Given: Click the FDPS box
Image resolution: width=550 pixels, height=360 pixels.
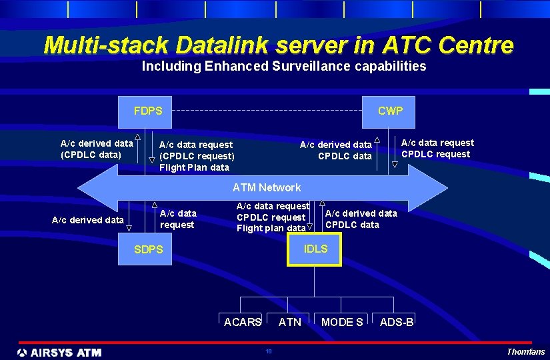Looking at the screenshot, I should click(147, 111).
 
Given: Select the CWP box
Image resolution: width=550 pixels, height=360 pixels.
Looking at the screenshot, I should click(390, 111).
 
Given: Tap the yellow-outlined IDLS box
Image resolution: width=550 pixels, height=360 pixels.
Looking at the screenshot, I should click(315, 249).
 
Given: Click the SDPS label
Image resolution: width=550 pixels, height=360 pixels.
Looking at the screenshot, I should click(148, 249).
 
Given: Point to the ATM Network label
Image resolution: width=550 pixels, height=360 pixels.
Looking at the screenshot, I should click(266, 188).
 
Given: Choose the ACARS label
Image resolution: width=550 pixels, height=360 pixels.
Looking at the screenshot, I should click(242, 323).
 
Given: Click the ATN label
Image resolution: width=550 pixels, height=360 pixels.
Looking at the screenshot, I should click(289, 323).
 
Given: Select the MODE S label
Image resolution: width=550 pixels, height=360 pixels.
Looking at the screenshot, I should click(342, 323).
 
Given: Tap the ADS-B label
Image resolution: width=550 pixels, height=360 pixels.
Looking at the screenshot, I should click(397, 323).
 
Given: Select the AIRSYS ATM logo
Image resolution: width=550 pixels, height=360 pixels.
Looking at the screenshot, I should click(59, 352).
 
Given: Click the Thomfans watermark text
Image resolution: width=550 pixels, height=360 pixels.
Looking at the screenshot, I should click(525, 352).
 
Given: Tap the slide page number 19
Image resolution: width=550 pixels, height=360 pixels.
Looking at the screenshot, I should click(269, 351).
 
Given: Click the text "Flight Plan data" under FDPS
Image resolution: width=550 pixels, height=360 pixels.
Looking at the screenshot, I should click(194, 167).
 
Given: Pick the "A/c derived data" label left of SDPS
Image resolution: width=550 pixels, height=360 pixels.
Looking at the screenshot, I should click(87, 219).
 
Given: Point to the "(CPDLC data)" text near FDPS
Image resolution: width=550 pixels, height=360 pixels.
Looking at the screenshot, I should click(91, 155).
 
